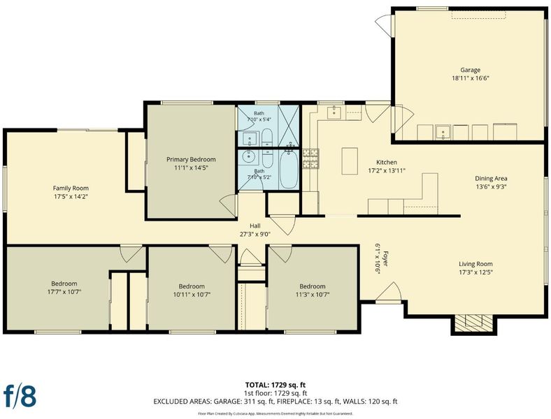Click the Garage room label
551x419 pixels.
[x=470, y=70]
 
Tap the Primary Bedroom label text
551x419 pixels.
[x=191, y=159]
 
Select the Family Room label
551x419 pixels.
[x=71, y=188]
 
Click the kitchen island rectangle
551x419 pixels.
[x=350, y=161]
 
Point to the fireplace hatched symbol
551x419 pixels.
[x=474, y=323]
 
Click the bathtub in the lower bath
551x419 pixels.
[x=289, y=170]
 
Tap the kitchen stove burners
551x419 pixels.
[x=311, y=159]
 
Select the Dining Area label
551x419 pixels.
[x=491, y=178]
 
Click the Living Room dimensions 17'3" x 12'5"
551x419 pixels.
[x=475, y=272]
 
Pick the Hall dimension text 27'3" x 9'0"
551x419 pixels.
[x=255, y=234]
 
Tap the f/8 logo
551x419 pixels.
[x=20, y=397]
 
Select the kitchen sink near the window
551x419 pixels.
[x=334, y=112]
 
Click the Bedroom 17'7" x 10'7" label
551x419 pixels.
[x=64, y=288]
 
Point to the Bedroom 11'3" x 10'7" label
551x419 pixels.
[x=313, y=291]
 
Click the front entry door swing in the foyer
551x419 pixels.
[x=389, y=293]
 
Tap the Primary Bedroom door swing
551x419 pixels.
[x=229, y=205]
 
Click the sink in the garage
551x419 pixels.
[x=443, y=132]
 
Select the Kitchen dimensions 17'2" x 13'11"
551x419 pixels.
[x=387, y=171]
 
